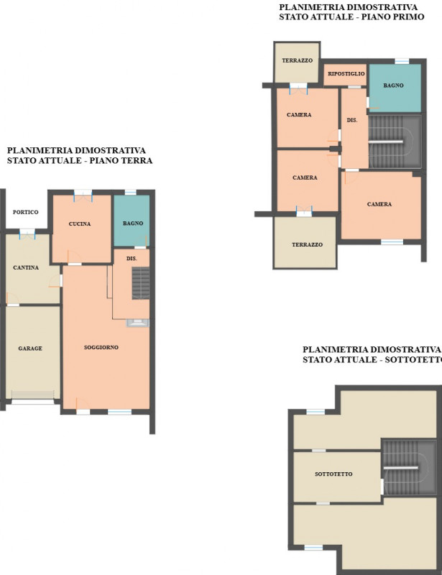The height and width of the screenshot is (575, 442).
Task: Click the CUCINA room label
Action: (80, 224)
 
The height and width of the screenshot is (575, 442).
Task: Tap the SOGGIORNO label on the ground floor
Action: (101, 347)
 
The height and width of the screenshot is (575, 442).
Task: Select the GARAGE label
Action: (30, 349)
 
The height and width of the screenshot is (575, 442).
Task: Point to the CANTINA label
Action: (26, 267)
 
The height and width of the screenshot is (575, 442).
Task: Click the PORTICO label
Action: (25, 212)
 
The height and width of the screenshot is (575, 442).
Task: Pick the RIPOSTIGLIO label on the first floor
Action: (346, 74)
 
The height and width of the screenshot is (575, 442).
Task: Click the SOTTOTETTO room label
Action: (333, 474)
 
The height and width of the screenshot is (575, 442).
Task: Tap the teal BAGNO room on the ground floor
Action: (132, 221)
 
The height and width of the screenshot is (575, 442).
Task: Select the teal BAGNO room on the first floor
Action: (395, 88)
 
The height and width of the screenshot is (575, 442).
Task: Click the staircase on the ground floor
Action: (141, 283)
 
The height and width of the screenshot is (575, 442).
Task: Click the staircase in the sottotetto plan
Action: (410, 468)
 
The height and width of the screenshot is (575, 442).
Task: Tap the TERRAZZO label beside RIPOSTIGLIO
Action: (297, 60)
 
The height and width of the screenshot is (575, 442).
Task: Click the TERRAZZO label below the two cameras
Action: (307, 244)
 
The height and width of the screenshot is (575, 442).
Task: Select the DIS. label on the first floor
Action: (351, 120)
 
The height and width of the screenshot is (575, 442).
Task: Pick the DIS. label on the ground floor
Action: (132, 259)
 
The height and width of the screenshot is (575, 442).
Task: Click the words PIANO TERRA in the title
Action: (121, 160)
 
